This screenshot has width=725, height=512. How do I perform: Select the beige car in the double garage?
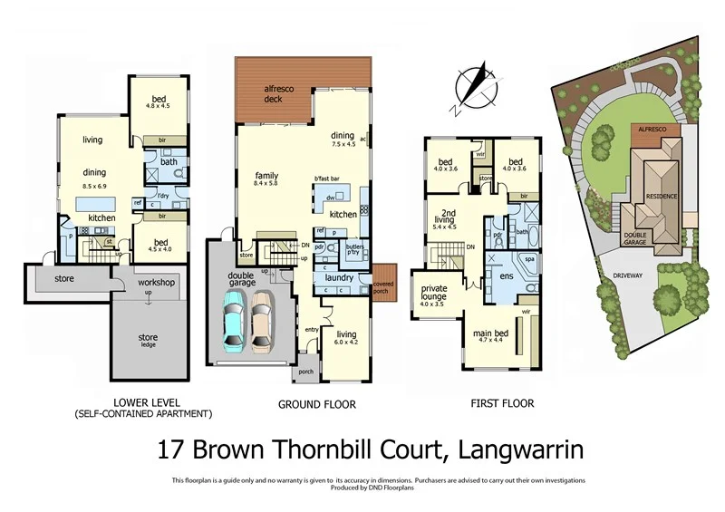tap(262, 319)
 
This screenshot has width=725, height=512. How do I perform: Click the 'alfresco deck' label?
tap(273, 94)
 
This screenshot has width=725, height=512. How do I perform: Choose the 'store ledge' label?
tap(148, 342)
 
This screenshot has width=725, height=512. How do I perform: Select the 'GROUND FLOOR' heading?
tap(317, 404)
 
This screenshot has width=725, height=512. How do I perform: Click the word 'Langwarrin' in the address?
tap(520, 449)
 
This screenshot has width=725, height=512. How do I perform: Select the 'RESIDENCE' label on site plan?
tap(662, 196)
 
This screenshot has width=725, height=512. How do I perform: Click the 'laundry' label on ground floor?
tap(338, 277)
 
